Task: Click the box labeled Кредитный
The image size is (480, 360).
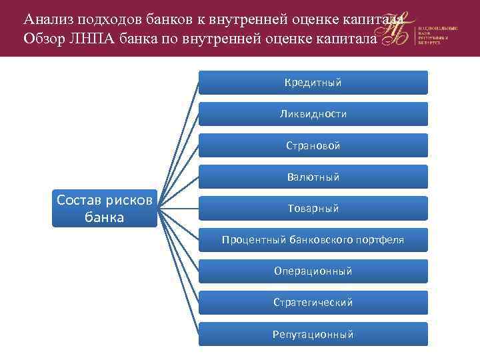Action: [313, 83]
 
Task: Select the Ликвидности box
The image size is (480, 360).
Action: [313, 114]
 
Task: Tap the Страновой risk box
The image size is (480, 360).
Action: [313, 145]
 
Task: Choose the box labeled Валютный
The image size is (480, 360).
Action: [313, 177]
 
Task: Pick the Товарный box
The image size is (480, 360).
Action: [313, 208]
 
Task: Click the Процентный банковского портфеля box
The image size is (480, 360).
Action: [313, 239]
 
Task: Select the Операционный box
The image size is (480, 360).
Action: [313, 271]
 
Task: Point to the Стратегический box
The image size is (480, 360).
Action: [313, 302]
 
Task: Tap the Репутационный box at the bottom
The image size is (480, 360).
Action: [313, 333]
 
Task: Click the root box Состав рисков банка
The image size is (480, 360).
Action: [105, 208]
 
